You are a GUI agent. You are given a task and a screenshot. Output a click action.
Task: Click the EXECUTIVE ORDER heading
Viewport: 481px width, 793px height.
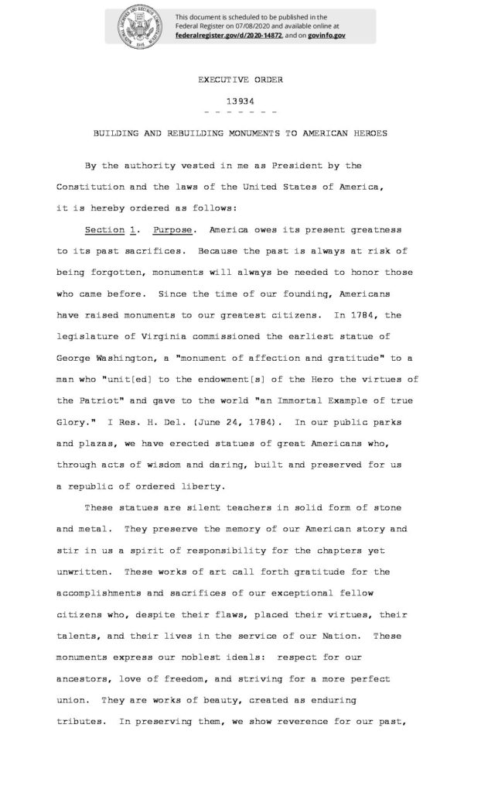[240, 80]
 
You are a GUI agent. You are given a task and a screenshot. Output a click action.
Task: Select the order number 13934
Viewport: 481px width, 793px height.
[240, 100]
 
